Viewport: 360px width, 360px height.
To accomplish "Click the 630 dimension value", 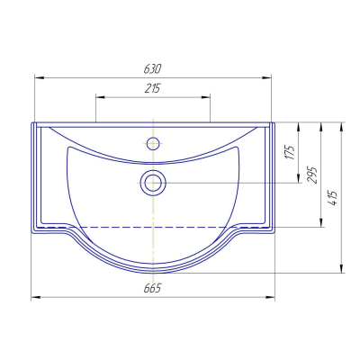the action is coord(152,69).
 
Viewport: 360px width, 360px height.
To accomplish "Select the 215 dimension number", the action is coord(153,88).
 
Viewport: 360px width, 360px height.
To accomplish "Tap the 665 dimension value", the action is coord(152,288).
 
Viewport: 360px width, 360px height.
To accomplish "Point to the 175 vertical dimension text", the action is coord(290,152).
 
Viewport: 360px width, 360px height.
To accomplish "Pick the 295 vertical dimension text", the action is coord(311,175).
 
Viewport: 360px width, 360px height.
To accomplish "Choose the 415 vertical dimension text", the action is coord(333,198).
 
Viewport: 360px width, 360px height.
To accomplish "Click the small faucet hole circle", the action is coord(153,143).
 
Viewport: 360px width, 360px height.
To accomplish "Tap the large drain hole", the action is coord(153,183).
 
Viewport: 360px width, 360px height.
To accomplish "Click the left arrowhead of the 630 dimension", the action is coord(40,78).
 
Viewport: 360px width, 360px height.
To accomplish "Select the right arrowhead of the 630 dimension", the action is coord(266,78).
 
